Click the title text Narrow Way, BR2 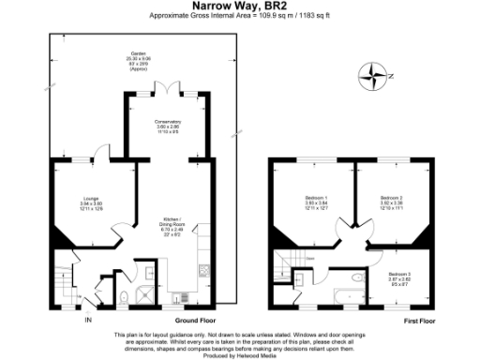point(239,6)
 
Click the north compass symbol point(375,75)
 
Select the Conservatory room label point(168,126)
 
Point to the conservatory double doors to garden point(168,87)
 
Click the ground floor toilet point(124,297)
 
